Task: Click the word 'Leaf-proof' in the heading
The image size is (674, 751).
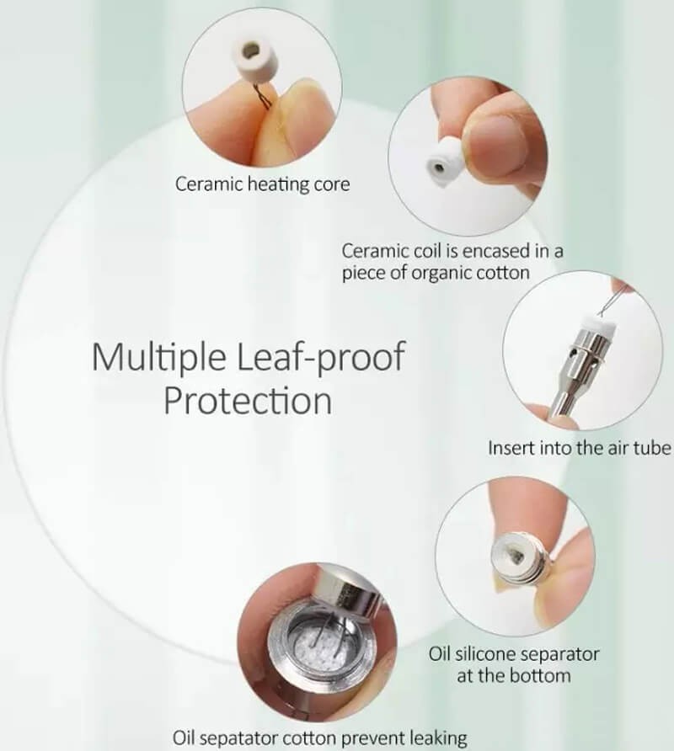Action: (x=322, y=356)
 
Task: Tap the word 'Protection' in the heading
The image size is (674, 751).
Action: (x=248, y=401)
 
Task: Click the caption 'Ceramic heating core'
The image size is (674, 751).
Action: (x=262, y=184)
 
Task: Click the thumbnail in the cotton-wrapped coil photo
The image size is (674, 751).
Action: (x=499, y=143)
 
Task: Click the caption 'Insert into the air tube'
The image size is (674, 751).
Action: (x=579, y=448)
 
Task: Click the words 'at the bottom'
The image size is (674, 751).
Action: (x=513, y=676)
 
